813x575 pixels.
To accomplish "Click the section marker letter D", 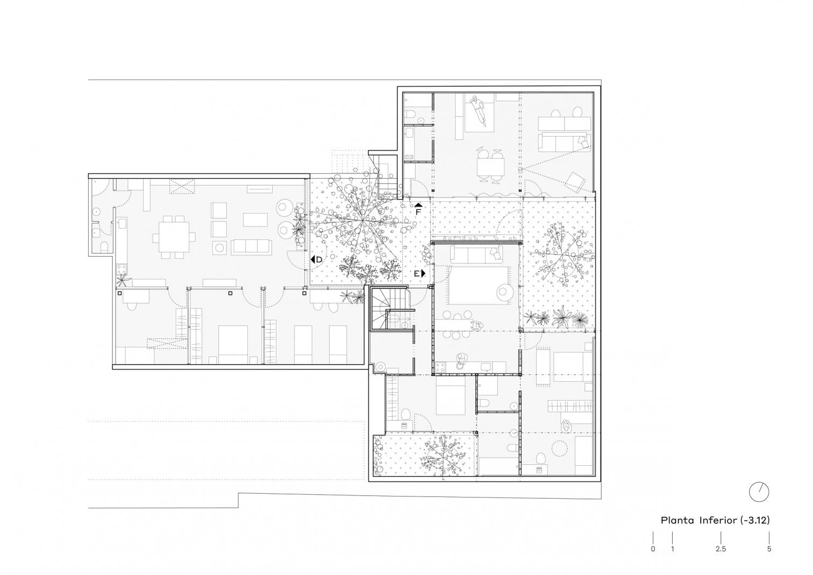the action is pyautogui.click(x=319, y=260).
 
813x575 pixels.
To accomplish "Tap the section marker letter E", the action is pyautogui.click(x=417, y=273).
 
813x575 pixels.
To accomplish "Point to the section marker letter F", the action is pyautogui.click(x=418, y=211).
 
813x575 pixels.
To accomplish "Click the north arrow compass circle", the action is pyautogui.click(x=759, y=492).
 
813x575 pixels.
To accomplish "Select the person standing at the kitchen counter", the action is pyautogui.click(x=461, y=361).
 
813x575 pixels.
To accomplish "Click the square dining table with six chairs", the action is pyautogui.click(x=174, y=237).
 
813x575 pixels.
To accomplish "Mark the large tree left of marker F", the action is pyautogui.click(x=363, y=220).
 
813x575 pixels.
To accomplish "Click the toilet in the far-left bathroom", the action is pyautogui.click(x=104, y=246).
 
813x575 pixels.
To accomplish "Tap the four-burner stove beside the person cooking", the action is pyautogui.click(x=440, y=367).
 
